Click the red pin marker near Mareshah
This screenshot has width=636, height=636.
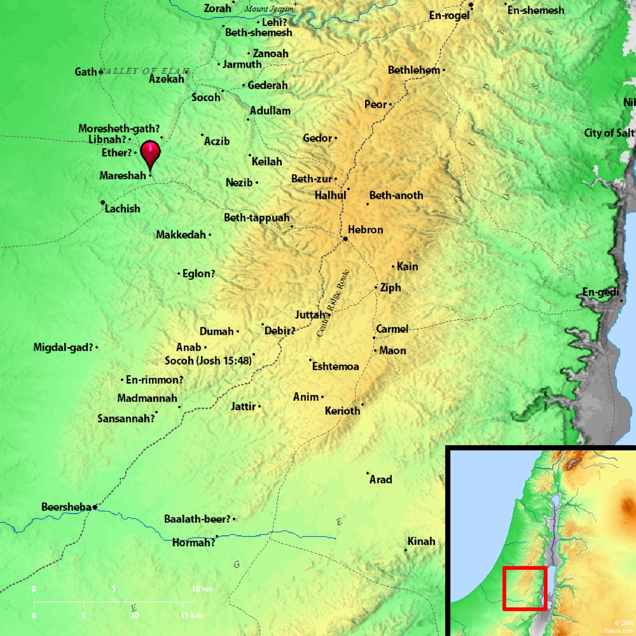click(151, 154)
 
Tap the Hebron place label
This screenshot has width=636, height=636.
click(365, 229)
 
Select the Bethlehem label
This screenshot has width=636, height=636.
click(413, 70)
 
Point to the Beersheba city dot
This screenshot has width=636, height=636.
click(95, 507)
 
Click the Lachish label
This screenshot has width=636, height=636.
click(122, 208)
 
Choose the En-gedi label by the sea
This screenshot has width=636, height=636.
click(600, 292)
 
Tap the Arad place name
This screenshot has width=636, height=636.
click(381, 480)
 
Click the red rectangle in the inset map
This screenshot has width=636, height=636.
click(524, 588)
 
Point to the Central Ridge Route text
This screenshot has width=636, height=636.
click(333, 303)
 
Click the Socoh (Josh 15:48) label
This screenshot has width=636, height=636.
click(208, 360)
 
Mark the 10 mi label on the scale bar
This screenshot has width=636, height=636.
click(201, 589)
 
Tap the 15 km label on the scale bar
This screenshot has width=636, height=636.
click(191, 615)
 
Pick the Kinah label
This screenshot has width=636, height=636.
click(421, 541)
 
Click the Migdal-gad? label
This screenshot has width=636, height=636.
click(63, 347)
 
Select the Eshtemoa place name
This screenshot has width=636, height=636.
click(335, 366)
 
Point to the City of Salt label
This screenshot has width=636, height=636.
click(608, 133)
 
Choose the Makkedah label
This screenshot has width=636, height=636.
click(181, 235)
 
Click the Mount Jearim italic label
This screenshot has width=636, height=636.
click(269, 8)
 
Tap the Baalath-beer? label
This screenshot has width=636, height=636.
click(197, 519)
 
